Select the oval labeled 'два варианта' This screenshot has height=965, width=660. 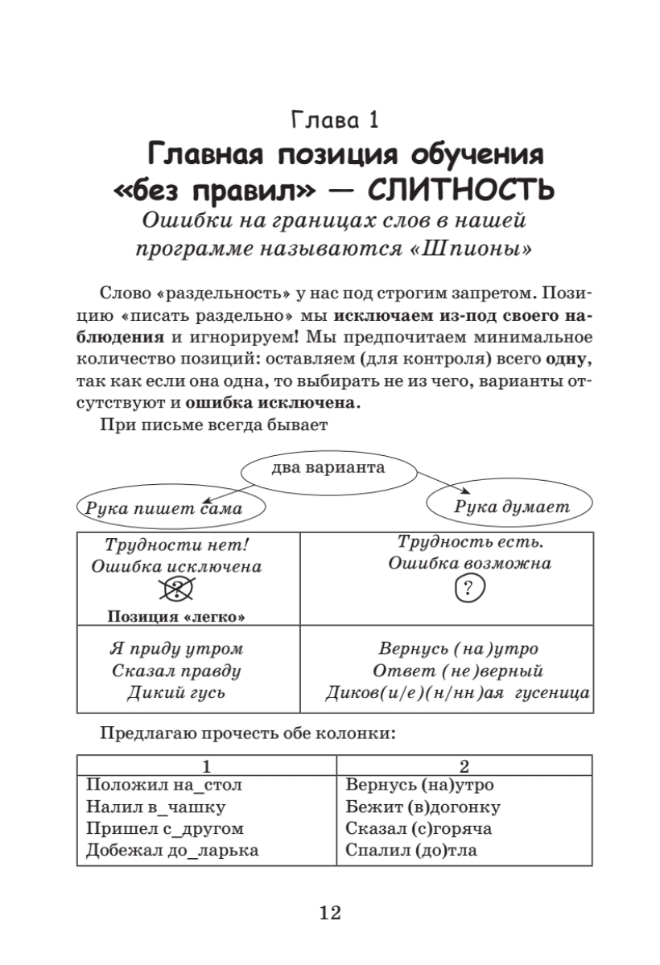pyautogui.click(x=328, y=468)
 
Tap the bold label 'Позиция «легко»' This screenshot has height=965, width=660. pyautogui.click(x=175, y=617)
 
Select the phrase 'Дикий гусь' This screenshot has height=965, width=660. pyautogui.click(x=175, y=692)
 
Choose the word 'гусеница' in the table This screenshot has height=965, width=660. pyautogui.click(x=555, y=693)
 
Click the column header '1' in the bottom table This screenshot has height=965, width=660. pyautogui.click(x=207, y=765)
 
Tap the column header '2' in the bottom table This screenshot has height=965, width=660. pyautogui.click(x=464, y=765)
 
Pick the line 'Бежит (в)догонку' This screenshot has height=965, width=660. pyautogui.click(x=423, y=807)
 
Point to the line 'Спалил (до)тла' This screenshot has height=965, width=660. pyautogui.click(x=410, y=850)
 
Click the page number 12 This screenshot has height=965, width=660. pyautogui.click(x=330, y=913)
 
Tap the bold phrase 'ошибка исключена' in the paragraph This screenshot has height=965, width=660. pyautogui.click(x=270, y=401)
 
